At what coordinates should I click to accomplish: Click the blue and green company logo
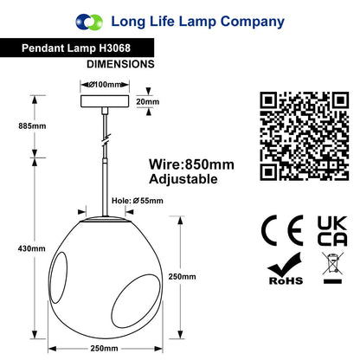[x=89, y=22]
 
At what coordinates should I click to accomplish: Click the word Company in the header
[x=253, y=22]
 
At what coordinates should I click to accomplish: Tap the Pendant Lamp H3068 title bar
[x=77, y=48]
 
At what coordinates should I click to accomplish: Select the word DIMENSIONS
[x=120, y=64]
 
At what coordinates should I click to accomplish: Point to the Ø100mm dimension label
[x=105, y=85]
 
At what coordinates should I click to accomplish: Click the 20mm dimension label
[x=148, y=101]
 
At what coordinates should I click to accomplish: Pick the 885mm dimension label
[x=32, y=126]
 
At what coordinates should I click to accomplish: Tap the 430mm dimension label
[x=32, y=248]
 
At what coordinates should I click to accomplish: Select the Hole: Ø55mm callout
[x=138, y=201]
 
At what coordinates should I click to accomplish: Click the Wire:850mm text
[x=191, y=164]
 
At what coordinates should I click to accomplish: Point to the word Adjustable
[x=183, y=179]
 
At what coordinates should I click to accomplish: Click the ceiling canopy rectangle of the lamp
[x=105, y=101]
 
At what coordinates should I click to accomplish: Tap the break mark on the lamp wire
[x=106, y=138]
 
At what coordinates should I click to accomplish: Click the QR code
[x=305, y=136]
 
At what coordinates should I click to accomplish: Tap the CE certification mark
[x=282, y=230]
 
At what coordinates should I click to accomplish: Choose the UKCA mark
[x=332, y=231]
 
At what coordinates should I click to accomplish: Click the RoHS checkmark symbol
[x=285, y=268]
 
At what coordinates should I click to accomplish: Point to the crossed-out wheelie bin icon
[x=332, y=267]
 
